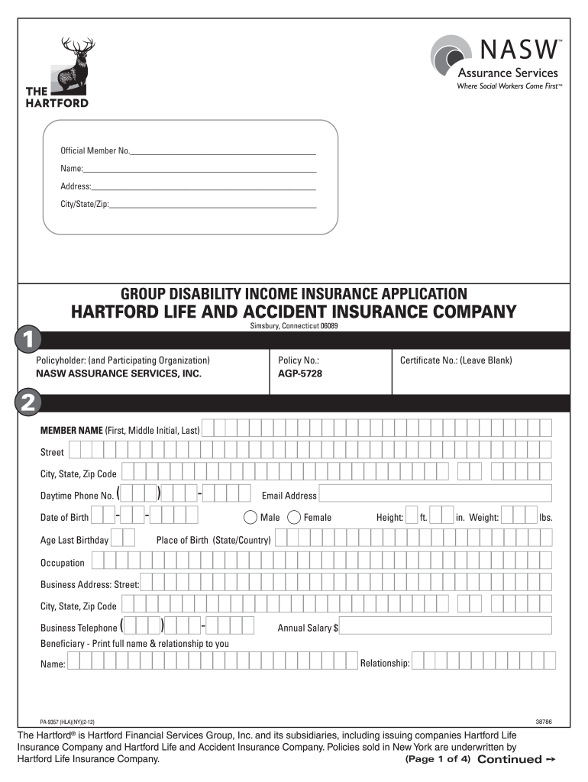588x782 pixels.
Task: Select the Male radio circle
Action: tap(250, 517)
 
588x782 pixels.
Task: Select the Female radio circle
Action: tap(294, 517)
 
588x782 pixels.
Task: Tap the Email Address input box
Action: tap(435, 494)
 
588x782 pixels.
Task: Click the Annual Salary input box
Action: tap(446, 627)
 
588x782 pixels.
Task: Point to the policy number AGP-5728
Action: tap(299, 375)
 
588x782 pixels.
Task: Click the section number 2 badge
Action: tap(28, 403)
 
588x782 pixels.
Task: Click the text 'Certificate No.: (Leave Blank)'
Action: tap(456, 360)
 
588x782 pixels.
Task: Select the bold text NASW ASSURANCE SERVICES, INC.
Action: tap(118, 375)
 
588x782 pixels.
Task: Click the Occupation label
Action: tap(63, 563)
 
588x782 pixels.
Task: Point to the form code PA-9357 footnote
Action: tap(67, 721)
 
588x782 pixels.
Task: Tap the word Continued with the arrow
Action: tap(509, 760)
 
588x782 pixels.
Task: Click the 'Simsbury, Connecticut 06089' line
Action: tap(294, 326)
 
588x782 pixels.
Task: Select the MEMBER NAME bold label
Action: tap(71, 430)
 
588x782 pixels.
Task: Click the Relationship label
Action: tap(385, 663)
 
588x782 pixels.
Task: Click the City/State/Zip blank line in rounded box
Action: tap(213, 205)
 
